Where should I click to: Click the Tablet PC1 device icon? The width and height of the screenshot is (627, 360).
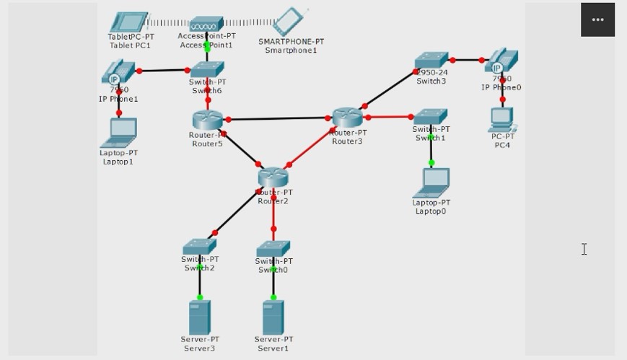coord(129,22)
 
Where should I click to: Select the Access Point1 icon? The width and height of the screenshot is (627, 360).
coord(206,25)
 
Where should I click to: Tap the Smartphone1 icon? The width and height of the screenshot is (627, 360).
coord(289,22)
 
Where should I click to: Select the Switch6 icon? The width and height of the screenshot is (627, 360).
coord(208,69)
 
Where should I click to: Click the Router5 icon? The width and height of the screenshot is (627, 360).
coord(209,120)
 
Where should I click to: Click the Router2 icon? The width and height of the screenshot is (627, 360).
coord(273,175)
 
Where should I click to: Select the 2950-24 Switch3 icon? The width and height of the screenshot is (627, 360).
coord(431,61)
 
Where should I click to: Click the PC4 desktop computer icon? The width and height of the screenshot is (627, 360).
coord(502,120)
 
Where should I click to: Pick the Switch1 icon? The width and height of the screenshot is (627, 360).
coord(430,116)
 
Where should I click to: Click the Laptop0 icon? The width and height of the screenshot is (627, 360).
coord(431,183)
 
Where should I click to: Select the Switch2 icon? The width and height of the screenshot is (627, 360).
coord(199,247)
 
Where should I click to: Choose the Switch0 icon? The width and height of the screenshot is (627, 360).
coord(273,249)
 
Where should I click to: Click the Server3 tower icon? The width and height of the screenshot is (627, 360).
coord(199,317)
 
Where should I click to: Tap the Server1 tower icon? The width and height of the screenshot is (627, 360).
coord(273,317)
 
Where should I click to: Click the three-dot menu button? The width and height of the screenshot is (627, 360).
coord(597,19)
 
